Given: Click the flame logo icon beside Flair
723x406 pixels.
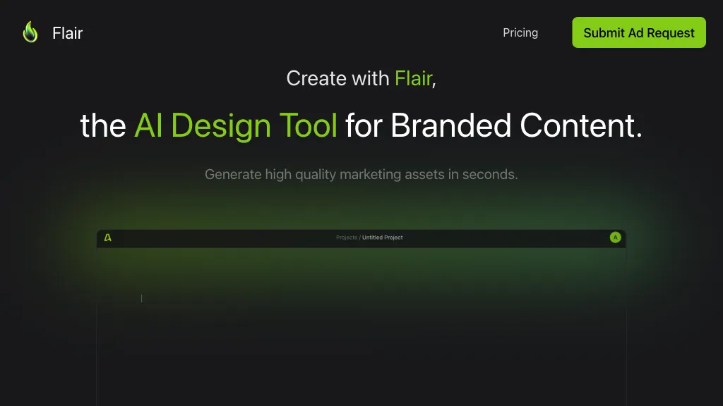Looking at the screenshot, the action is click(x=30, y=32).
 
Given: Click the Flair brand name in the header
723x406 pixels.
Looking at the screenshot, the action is click(x=67, y=33).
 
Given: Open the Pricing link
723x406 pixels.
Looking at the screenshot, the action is click(x=520, y=32).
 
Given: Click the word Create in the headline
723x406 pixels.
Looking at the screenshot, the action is click(x=316, y=78).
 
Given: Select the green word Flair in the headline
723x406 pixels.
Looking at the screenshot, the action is click(x=413, y=78).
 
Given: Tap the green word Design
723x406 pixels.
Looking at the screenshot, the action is click(x=221, y=125).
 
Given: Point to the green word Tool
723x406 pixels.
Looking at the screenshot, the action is click(x=308, y=125).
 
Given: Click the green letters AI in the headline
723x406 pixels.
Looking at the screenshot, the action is click(x=148, y=125).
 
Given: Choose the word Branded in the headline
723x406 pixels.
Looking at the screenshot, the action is click(x=451, y=125).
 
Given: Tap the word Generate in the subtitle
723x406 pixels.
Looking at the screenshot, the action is click(x=233, y=175).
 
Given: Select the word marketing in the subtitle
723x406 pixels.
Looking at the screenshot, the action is click(x=370, y=175).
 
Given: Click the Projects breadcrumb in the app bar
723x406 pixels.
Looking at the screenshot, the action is click(x=347, y=238).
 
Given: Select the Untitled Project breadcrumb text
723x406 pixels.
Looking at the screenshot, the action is click(x=382, y=238).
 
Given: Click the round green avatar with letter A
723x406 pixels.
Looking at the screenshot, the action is click(x=615, y=238).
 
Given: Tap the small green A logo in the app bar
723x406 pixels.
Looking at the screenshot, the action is click(x=107, y=238).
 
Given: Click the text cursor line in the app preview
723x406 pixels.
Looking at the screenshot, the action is click(x=141, y=299).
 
